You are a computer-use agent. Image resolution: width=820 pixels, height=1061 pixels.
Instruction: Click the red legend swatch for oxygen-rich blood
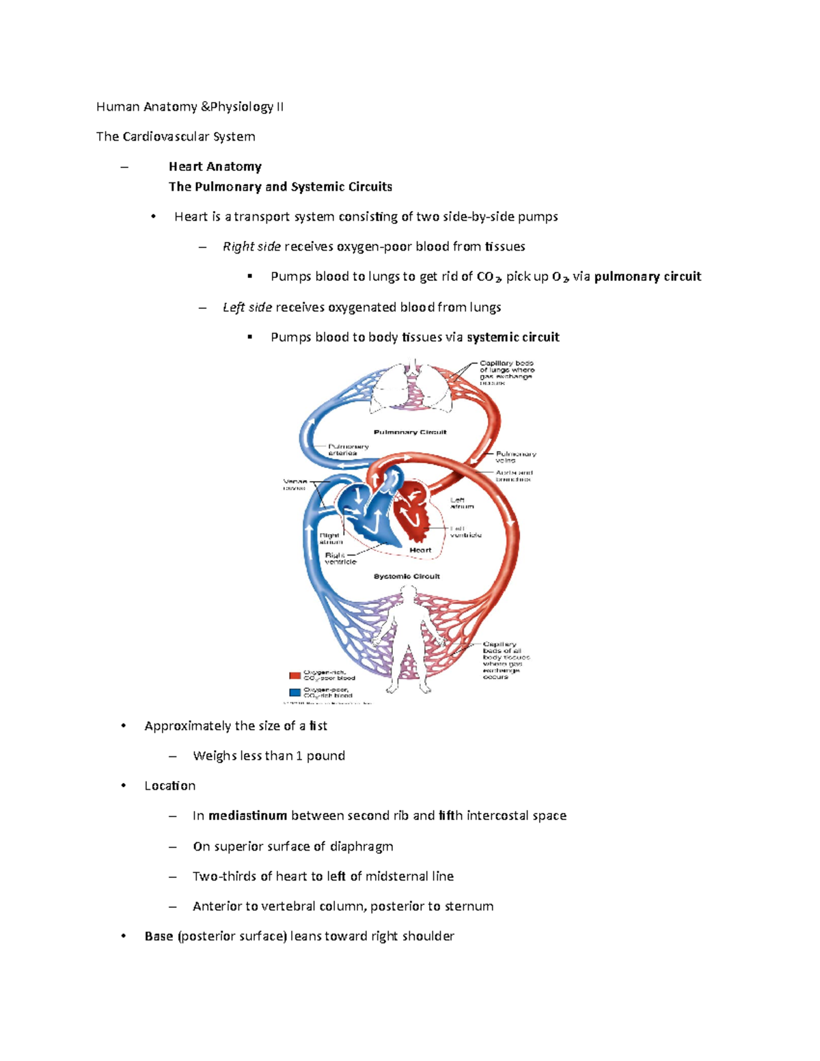pyautogui.click(x=295, y=676)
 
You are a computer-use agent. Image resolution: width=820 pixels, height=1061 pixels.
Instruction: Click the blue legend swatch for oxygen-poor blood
pyautogui.click(x=295, y=692)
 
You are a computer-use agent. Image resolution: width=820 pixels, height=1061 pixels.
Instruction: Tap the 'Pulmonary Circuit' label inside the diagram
pyautogui.click(x=410, y=432)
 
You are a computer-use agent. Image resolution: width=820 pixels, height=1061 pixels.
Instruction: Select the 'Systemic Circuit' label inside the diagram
pyautogui.click(x=407, y=577)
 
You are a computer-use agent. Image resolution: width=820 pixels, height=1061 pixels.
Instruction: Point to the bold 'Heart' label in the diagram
pyautogui.click(x=420, y=550)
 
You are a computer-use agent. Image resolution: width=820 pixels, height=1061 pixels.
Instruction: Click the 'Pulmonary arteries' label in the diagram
pyautogui.click(x=348, y=450)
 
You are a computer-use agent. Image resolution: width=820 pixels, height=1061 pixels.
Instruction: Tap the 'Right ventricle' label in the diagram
pyautogui.click(x=340, y=558)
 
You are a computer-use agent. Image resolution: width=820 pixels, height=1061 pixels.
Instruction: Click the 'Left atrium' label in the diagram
pyautogui.click(x=462, y=503)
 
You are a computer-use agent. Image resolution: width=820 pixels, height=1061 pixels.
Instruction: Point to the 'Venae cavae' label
pyautogui.click(x=295, y=484)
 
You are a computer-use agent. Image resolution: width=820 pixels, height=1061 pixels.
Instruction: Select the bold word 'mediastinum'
pyautogui.click(x=247, y=816)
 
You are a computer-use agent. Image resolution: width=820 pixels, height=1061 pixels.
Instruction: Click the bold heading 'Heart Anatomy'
pyautogui.click(x=215, y=167)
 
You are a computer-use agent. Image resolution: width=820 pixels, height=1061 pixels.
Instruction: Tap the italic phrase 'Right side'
pyautogui.click(x=251, y=247)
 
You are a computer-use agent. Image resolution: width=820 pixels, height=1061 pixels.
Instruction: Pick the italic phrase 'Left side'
pyautogui.click(x=247, y=307)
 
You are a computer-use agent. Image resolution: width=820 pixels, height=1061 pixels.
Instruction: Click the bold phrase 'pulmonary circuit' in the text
pyautogui.click(x=648, y=277)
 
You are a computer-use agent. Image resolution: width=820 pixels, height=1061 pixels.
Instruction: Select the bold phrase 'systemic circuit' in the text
pyautogui.click(x=512, y=337)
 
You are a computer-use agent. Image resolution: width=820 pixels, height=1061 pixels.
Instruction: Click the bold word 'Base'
pyautogui.click(x=159, y=936)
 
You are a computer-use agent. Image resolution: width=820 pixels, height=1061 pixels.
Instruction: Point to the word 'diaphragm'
pyautogui.click(x=361, y=846)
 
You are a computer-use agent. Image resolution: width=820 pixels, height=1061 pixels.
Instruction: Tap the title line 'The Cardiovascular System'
pyautogui.click(x=176, y=137)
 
